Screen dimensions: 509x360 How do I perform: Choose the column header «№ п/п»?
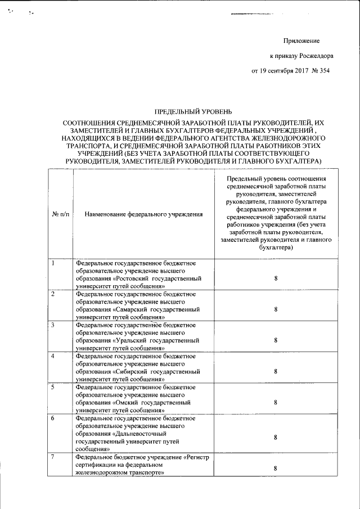pyautogui.click(x=61, y=214)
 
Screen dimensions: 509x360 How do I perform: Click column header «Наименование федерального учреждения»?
pyautogui.click(x=143, y=214)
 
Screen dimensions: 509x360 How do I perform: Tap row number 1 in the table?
pyautogui.click(x=53, y=263)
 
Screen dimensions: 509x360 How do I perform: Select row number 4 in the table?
pyautogui.click(x=53, y=357)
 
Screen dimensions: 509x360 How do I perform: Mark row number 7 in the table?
pyautogui.click(x=53, y=457)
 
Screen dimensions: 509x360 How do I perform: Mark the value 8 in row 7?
pyautogui.click(x=276, y=468)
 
